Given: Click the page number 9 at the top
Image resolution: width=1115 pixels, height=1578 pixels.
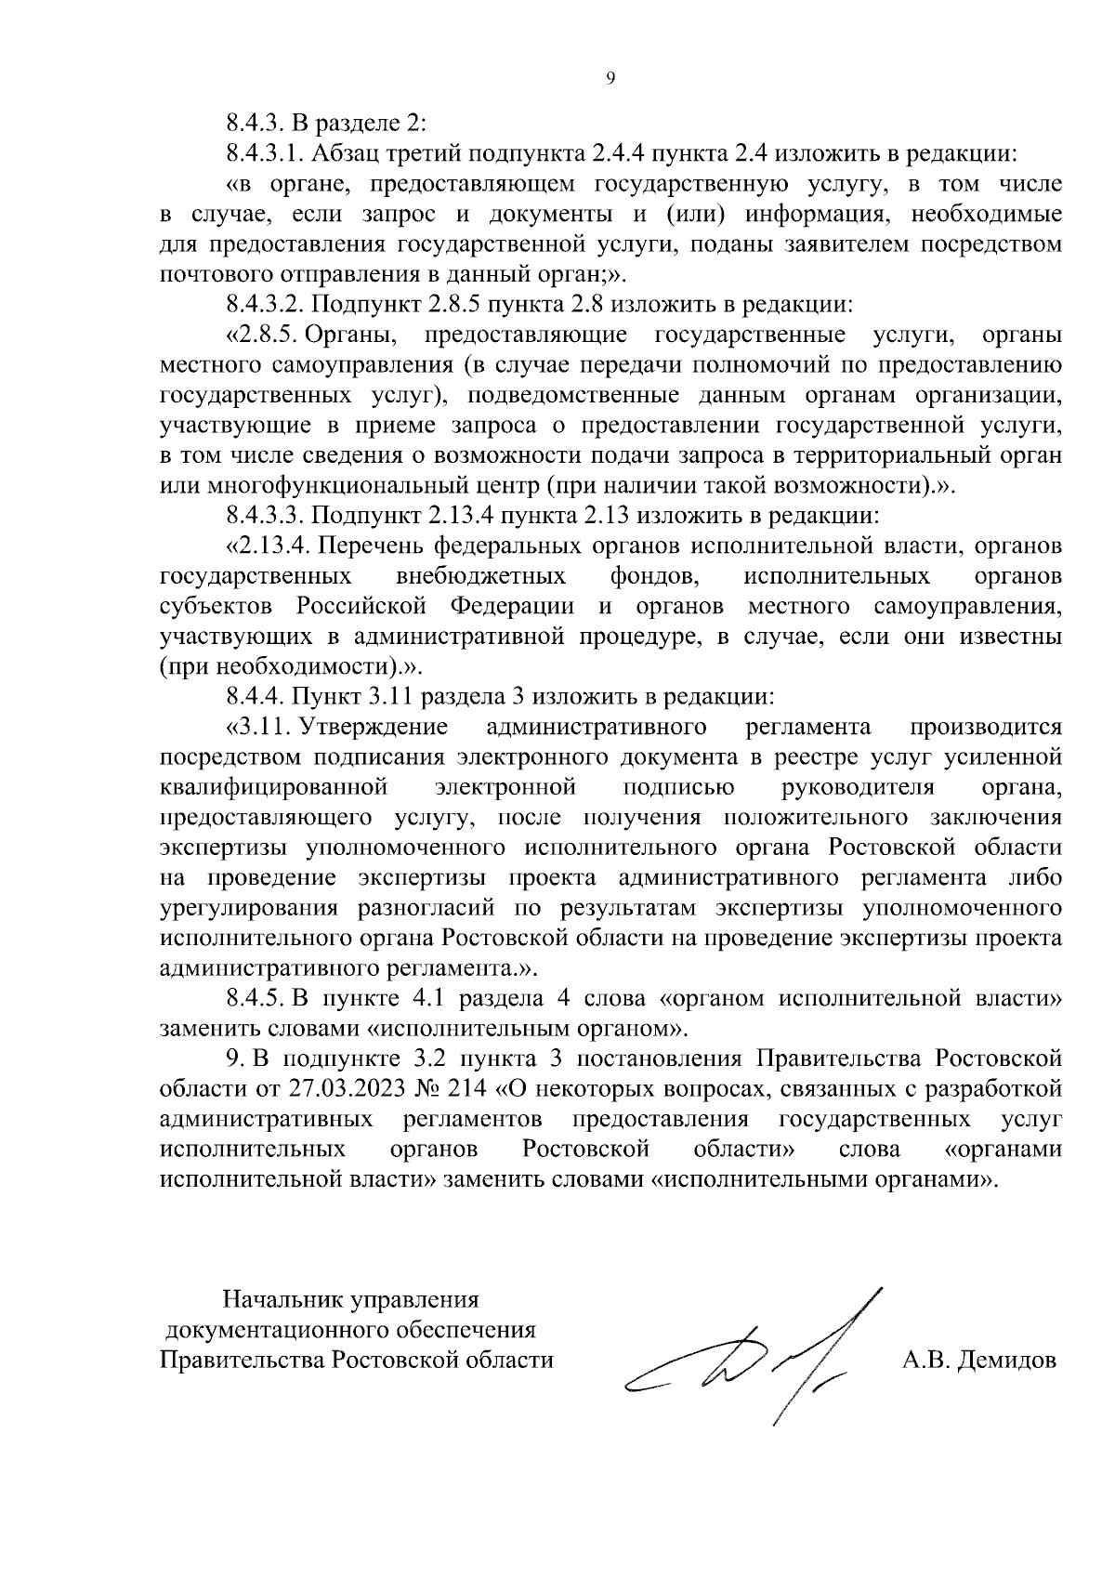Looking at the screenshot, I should pos(610,79).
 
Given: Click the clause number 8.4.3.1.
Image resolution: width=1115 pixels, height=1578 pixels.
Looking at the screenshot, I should pos(266,152).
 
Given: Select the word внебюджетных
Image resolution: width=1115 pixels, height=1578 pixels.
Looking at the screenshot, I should pos(480,576).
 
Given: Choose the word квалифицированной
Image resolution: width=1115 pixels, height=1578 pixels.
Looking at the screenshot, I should pos(273,788).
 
